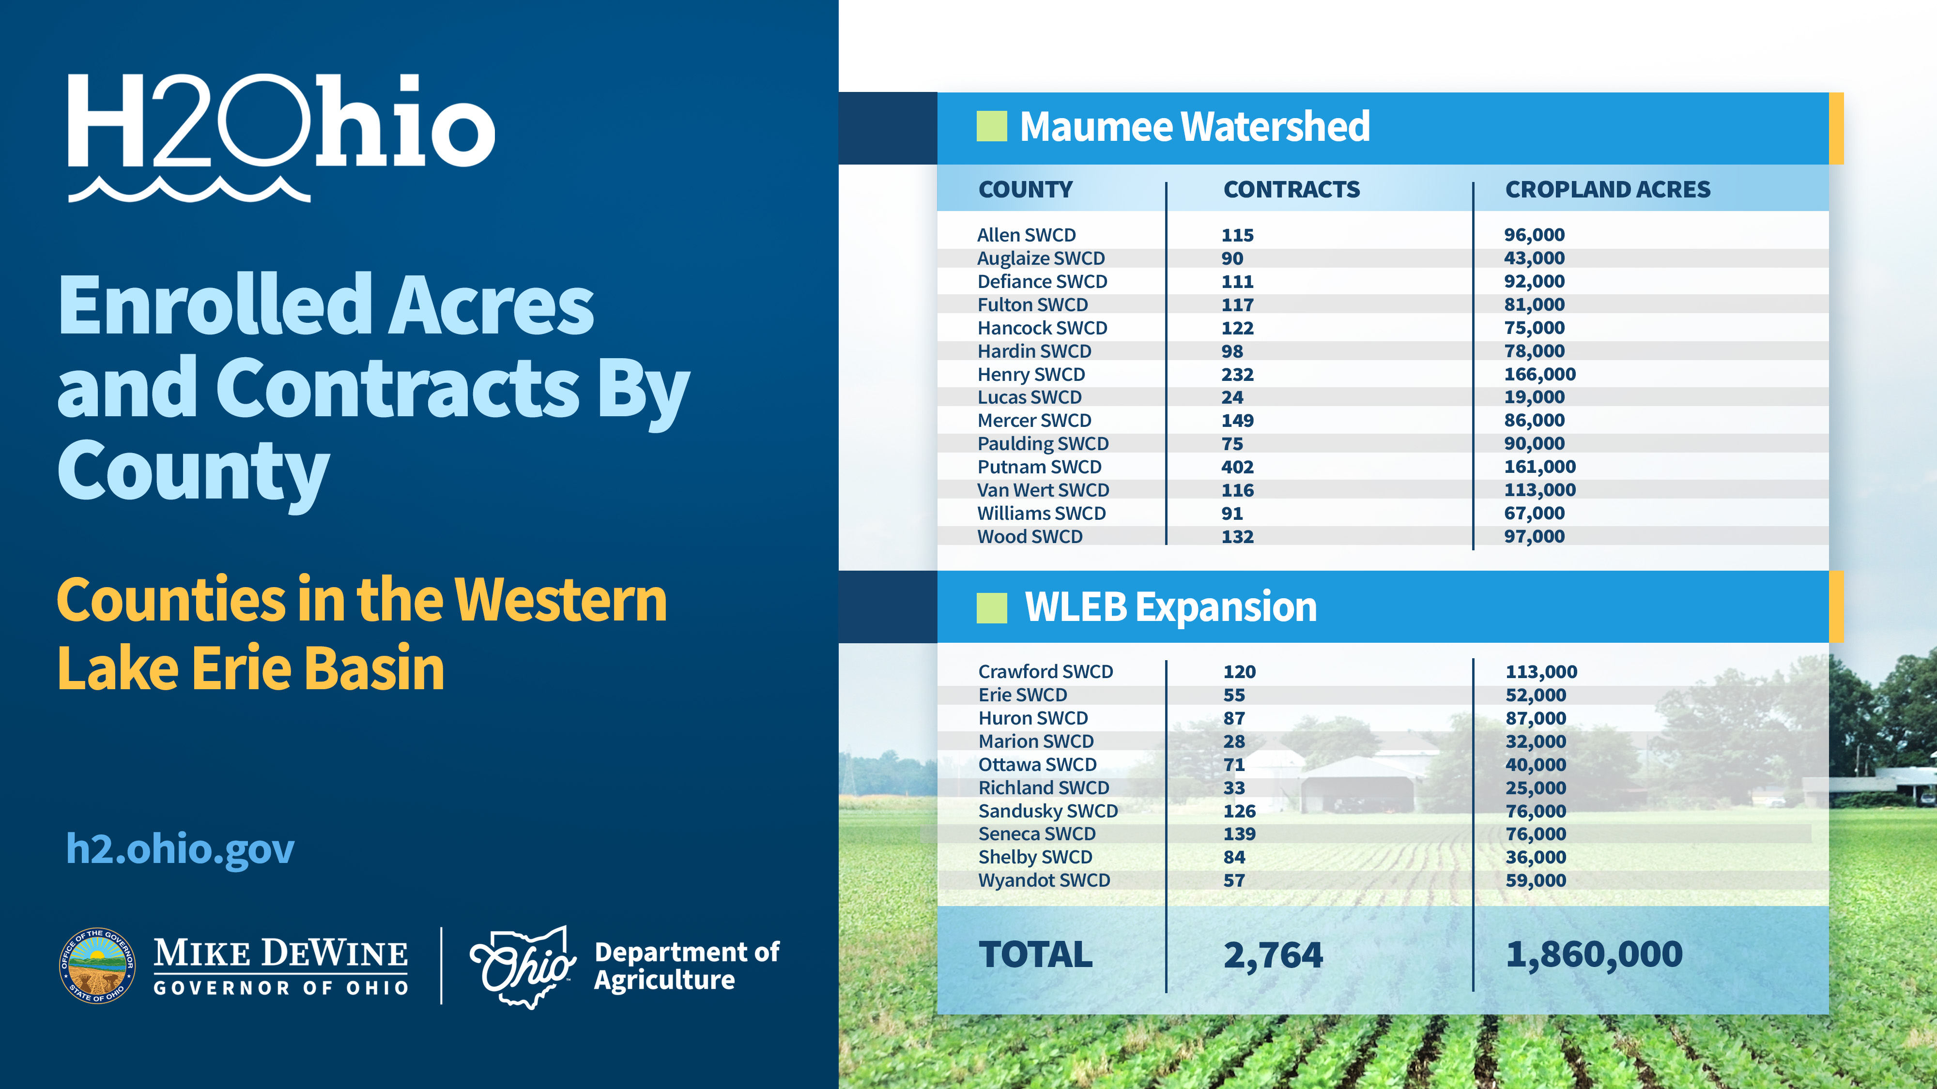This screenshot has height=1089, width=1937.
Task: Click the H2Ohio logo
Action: coord(281,137)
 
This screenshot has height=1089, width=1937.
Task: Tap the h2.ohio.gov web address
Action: coord(181,850)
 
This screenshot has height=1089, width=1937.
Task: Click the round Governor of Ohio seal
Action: coord(97,966)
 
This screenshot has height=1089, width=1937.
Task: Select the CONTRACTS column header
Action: coord(1291,189)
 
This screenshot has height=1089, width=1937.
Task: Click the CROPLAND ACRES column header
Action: coord(1608,189)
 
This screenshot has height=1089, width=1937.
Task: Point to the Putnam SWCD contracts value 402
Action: coord(1237,467)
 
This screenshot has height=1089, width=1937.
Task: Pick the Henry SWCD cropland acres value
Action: coord(1539,374)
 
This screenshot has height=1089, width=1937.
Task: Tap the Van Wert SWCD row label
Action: coord(1043,490)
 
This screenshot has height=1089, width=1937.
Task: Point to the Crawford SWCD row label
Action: coord(1045,672)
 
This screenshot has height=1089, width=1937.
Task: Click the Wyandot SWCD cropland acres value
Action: coord(1536,881)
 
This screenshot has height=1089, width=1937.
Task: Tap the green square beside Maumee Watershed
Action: coord(991,126)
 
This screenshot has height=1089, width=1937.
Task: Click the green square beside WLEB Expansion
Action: coord(991,608)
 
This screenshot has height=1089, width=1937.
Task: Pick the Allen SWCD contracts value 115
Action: coord(1237,235)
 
